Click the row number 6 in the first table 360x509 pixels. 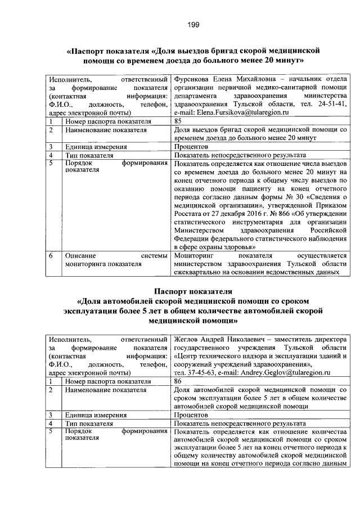(x=51, y=255)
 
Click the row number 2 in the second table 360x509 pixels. (x=51, y=389)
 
